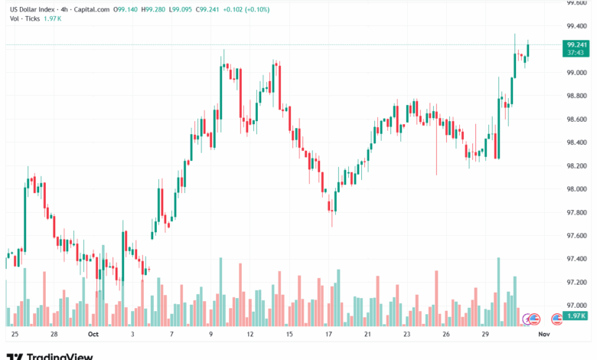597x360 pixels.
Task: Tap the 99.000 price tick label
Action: (576, 73)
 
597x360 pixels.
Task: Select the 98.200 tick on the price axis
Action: (576, 165)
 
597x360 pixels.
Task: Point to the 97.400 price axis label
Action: (576, 259)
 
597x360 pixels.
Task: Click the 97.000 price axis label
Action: (576, 305)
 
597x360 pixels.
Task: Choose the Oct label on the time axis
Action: (93, 335)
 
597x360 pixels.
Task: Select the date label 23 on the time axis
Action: (407, 335)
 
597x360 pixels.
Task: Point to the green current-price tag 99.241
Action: (576, 45)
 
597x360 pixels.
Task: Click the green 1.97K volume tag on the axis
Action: (576, 316)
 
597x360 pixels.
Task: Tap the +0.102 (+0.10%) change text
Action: (252, 8)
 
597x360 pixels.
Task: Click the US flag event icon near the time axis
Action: (535, 318)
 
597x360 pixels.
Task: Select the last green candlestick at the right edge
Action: (527, 51)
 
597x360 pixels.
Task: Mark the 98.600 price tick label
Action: (576, 119)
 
